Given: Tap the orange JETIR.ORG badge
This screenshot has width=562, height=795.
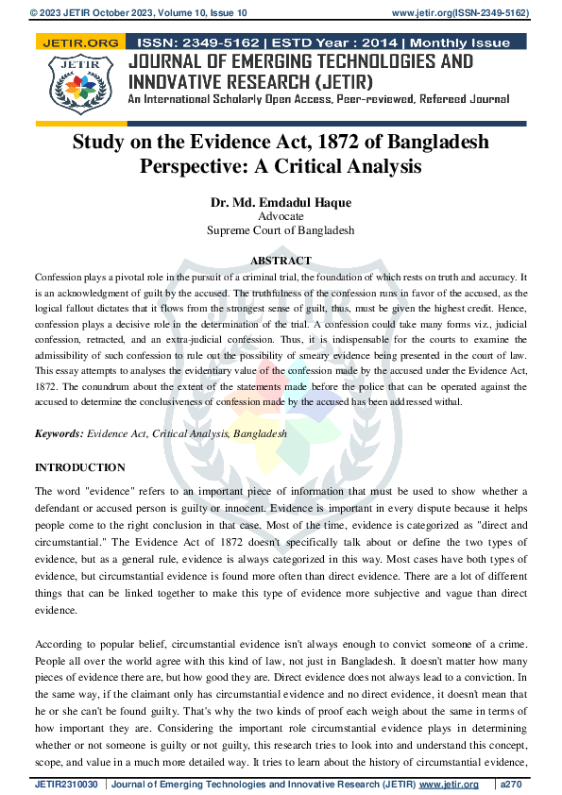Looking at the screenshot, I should click(x=80, y=42).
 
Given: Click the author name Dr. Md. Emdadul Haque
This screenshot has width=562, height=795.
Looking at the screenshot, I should click(x=281, y=202).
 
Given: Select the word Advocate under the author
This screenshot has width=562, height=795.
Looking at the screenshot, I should click(x=281, y=216).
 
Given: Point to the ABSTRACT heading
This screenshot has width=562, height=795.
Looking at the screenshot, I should click(x=281, y=261).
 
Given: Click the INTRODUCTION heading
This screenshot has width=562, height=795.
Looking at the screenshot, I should click(x=79, y=467).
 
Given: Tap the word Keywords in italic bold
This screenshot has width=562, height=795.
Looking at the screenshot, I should click(x=58, y=433).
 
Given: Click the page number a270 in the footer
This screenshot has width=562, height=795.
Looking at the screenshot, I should click(x=515, y=785).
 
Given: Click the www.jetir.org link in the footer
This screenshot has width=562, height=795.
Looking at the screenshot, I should click(x=449, y=785).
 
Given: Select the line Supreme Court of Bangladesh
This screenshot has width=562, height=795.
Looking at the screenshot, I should click(x=281, y=229).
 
